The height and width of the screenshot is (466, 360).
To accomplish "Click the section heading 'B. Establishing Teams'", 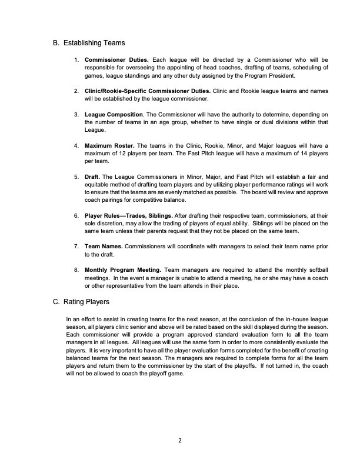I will click(x=88, y=42).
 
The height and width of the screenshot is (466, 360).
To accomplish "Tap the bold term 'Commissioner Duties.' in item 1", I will click(x=116, y=60).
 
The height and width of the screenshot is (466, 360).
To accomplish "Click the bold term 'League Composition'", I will click(x=114, y=114).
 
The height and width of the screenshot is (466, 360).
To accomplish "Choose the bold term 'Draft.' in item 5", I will click(x=94, y=176).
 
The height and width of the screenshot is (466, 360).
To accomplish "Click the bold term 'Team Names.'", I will click(x=104, y=245).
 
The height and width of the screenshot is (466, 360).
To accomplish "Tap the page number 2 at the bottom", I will click(x=180, y=440).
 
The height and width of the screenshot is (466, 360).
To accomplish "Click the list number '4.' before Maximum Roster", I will click(x=76, y=145).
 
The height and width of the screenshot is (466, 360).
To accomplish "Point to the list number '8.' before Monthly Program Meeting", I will click(x=76, y=269).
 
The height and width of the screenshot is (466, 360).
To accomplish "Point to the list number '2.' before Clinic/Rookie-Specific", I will click(x=76, y=91).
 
